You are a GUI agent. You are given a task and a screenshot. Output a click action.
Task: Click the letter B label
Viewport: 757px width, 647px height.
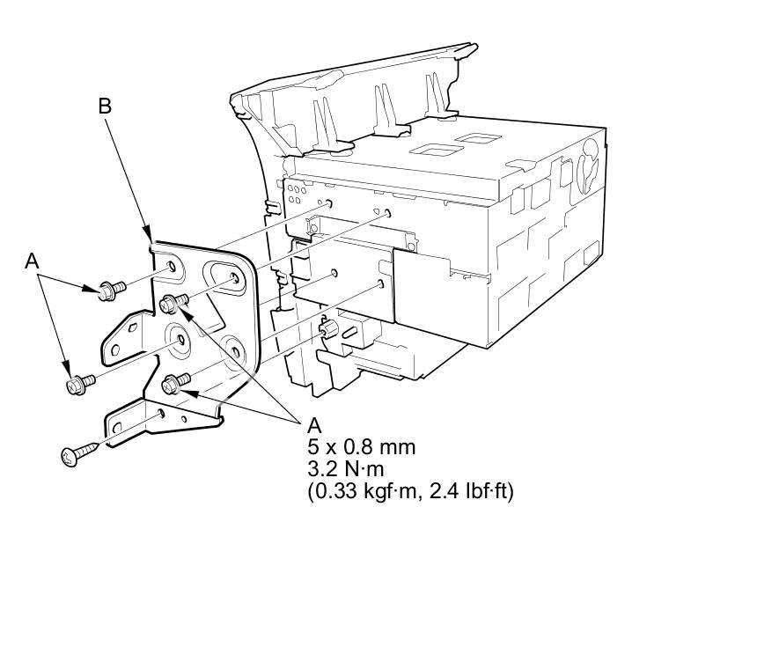(x=105, y=107)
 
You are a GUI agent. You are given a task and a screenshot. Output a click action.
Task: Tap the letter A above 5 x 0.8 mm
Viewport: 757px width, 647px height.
(x=314, y=426)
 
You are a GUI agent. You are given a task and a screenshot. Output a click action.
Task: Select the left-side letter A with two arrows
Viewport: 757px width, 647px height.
(x=32, y=261)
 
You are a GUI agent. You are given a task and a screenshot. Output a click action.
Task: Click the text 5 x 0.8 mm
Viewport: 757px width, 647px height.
(x=362, y=447)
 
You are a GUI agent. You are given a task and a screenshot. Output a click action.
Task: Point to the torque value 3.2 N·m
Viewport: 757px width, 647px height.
(x=346, y=468)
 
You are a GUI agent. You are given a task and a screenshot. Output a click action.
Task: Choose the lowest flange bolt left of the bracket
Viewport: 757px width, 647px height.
(x=80, y=384)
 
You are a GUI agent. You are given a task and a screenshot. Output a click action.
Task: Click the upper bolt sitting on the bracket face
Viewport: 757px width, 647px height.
(x=173, y=303)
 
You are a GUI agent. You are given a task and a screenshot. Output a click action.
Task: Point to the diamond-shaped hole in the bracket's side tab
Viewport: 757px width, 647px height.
(x=132, y=329)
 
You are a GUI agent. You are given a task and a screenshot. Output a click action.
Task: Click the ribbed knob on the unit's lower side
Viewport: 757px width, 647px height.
(x=329, y=330)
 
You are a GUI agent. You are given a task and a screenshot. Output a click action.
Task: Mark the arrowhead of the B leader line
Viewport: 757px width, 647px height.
(x=147, y=235)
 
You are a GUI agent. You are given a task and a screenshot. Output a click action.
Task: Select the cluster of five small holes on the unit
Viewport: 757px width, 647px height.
(x=294, y=193)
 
